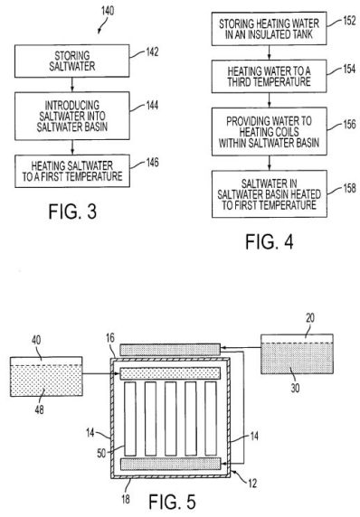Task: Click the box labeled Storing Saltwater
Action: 72,61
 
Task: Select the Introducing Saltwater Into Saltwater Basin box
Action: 72,116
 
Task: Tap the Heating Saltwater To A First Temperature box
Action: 72,171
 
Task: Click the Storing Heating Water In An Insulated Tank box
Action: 269,29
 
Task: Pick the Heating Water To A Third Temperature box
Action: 269,76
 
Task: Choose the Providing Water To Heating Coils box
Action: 269,131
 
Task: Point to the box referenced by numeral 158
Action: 269,193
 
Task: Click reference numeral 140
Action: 108,11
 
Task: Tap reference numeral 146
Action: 152,162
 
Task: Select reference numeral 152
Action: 349,21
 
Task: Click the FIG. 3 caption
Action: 72,211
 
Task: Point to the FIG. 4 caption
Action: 270,241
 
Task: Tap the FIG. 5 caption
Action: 172,502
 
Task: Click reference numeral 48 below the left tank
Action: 39,409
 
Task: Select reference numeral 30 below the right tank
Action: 295,388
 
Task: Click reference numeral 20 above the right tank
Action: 310,318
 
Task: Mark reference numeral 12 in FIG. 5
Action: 252,484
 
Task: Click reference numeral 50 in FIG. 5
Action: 101,453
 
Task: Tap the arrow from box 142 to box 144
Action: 72,85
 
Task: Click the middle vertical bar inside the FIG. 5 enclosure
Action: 171,418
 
